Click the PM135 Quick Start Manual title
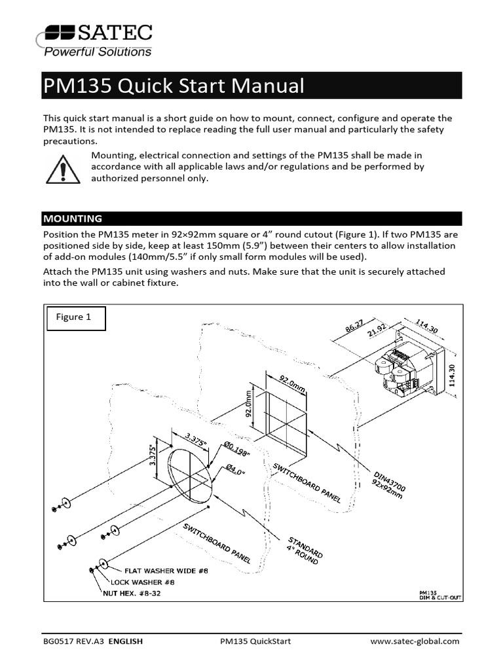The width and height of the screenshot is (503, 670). tap(174, 86)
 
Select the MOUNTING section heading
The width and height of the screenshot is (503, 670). tap(73, 219)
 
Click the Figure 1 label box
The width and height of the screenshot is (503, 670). tap(74, 317)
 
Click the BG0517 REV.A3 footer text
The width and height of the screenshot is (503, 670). tap(73, 641)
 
